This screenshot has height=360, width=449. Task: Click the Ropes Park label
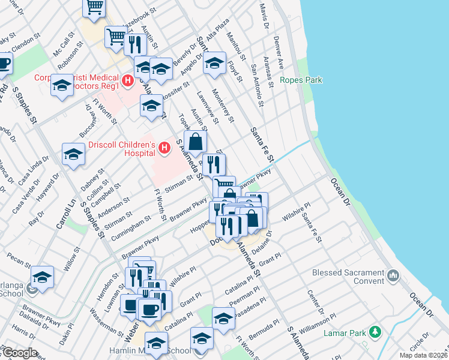pos(301,80)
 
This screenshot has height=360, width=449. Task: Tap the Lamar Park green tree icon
pos(375,331)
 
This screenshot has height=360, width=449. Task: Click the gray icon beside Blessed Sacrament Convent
pos(393,275)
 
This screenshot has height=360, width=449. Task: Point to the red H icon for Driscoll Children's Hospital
pos(163,146)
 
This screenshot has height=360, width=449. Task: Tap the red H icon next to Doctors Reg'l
pos(127,80)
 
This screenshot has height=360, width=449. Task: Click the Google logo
pos(19,353)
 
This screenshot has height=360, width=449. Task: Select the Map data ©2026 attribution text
pos(423,355)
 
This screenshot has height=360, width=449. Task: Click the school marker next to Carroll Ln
pos(73,155)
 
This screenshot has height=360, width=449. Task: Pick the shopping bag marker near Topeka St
pos(196,142)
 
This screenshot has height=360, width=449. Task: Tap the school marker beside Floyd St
pos(214,64)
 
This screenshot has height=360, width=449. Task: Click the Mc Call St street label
pos(65,44)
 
